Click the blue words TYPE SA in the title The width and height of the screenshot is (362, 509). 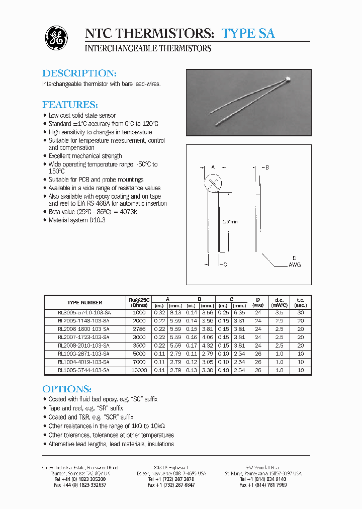248,33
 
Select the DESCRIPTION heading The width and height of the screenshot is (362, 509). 79,73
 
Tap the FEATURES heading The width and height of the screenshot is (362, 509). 70,105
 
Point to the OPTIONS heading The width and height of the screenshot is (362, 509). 67,389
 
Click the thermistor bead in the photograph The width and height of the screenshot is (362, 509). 289,78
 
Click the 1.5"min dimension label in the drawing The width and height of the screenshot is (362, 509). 230,222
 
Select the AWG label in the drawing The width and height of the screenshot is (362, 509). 295,265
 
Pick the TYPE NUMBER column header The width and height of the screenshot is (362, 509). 84,303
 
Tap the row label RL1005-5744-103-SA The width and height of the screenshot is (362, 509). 84,370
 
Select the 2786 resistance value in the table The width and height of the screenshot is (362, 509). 139,329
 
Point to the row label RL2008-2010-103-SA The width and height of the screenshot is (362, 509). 84,346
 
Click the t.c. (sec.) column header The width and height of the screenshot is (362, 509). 301,302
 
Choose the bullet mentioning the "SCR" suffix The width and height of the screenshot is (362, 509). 90,417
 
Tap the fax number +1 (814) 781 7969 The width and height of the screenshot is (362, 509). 263,485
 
